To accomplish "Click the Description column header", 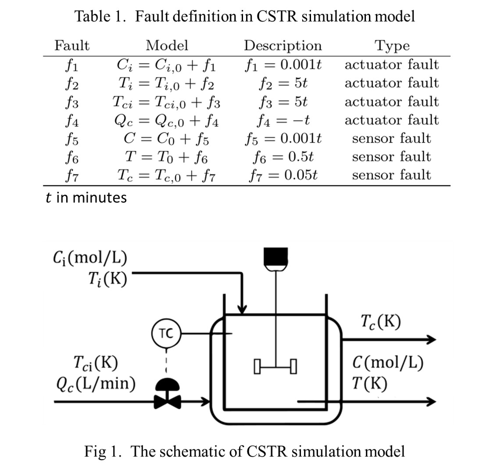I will tap(283, 46).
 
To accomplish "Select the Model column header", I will tap(167, 45).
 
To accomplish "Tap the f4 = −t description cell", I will tap(283, 120).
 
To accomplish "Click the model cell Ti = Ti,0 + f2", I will tap(167, 83).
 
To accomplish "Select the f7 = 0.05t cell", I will tap(283, 175).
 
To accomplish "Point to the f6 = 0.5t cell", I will tap(283, 157).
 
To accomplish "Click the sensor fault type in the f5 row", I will tap(391, 139).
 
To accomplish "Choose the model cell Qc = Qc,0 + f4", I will tap(167, 120).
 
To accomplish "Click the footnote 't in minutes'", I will tap(86, 198).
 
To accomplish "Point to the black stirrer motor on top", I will tap(275, 257).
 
